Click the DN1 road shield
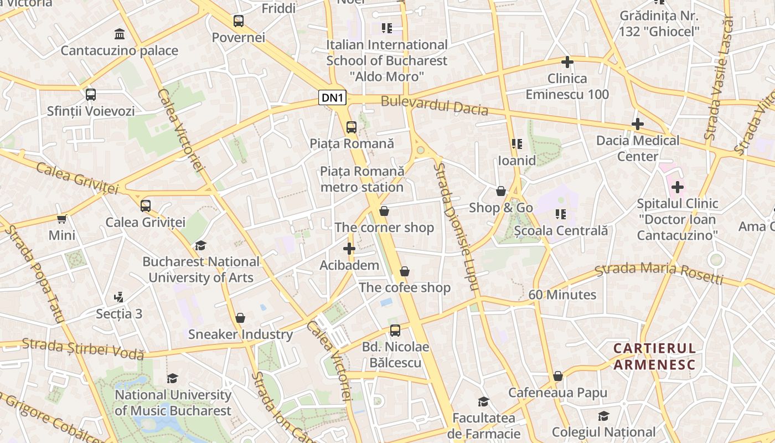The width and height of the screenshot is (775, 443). pyautogui.click(x=333, y=98)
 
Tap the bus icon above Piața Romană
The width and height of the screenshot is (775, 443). pyautogui.click(x=352, y=127)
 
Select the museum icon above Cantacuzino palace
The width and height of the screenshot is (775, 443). pyautogui.click(x=119, y=34)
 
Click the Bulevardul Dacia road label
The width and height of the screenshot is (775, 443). pyautogui.click(x=435, y=106)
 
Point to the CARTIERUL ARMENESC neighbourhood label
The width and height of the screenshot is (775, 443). pyautogui.click(x=654, y=356)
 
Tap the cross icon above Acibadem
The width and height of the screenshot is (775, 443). pyautogui.click(x=349, y=249)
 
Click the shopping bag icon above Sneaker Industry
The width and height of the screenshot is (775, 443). pyautogui.click(x=240, y=318)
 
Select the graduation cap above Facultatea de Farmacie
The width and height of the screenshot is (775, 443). pyautogui.click(x=484, y=401)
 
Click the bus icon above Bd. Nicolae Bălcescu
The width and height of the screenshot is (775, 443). pyautogui.click(x=395, y=331)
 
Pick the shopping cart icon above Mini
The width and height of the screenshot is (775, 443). pyautogui.click(x=62, y=219)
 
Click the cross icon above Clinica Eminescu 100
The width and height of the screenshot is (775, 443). pyautogui.click(x=567, y=62)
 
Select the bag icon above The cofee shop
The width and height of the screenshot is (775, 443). pyautogui.click(x=405, y=271)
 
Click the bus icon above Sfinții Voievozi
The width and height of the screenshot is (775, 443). pyautogui.click(x=91, y=95)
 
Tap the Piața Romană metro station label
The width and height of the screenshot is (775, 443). pyautogui.click(x=362, y=179)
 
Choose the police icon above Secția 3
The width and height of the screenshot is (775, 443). pyautogui.click(x=118, y=297)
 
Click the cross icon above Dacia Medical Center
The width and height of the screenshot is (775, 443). pyautogui.click(x=638, y=124)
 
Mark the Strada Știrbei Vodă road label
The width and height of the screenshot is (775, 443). pyautogui.click(x=83, y=348)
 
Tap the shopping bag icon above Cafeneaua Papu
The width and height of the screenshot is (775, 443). pyautogui.click(x=558, y=377)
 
